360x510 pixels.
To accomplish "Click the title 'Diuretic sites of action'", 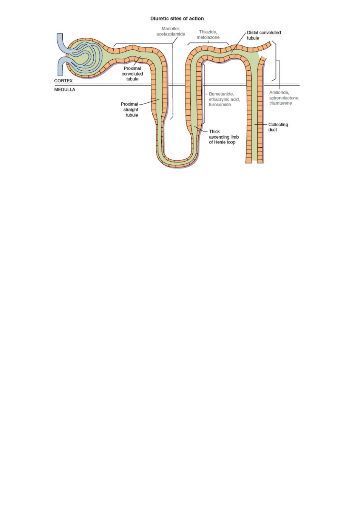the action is (x=177, y=19).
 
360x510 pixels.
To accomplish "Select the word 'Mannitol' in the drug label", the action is (x=170, y=29).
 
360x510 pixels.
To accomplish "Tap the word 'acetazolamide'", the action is (x=170, y=34).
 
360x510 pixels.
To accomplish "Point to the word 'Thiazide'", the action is (x=208, y=32).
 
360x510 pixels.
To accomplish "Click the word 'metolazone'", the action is (x=208, y=37).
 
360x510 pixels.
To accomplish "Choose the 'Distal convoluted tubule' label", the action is (x=264, y=35).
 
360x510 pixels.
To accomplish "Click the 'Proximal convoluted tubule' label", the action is (x=132, y=74).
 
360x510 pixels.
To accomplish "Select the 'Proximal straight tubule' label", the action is (x=129, y=110).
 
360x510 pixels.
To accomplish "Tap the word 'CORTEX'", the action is (x=63, y=81).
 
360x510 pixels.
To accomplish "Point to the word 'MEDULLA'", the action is (x=65, y=90).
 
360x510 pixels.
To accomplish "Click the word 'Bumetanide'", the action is (x=221, y=94).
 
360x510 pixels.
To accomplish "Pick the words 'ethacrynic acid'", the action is (x=224, y=99).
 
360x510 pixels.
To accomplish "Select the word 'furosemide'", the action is (x=220, y=105).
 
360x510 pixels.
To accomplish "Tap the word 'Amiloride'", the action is (x=279, y=93).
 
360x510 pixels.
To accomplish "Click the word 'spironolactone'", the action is (x=284, y=98).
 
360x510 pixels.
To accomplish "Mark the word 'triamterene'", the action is (x=281, y=103).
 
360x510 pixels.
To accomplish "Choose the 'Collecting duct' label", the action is (x=278, y=127).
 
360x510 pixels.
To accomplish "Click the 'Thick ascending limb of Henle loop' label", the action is (x=224, y=137).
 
